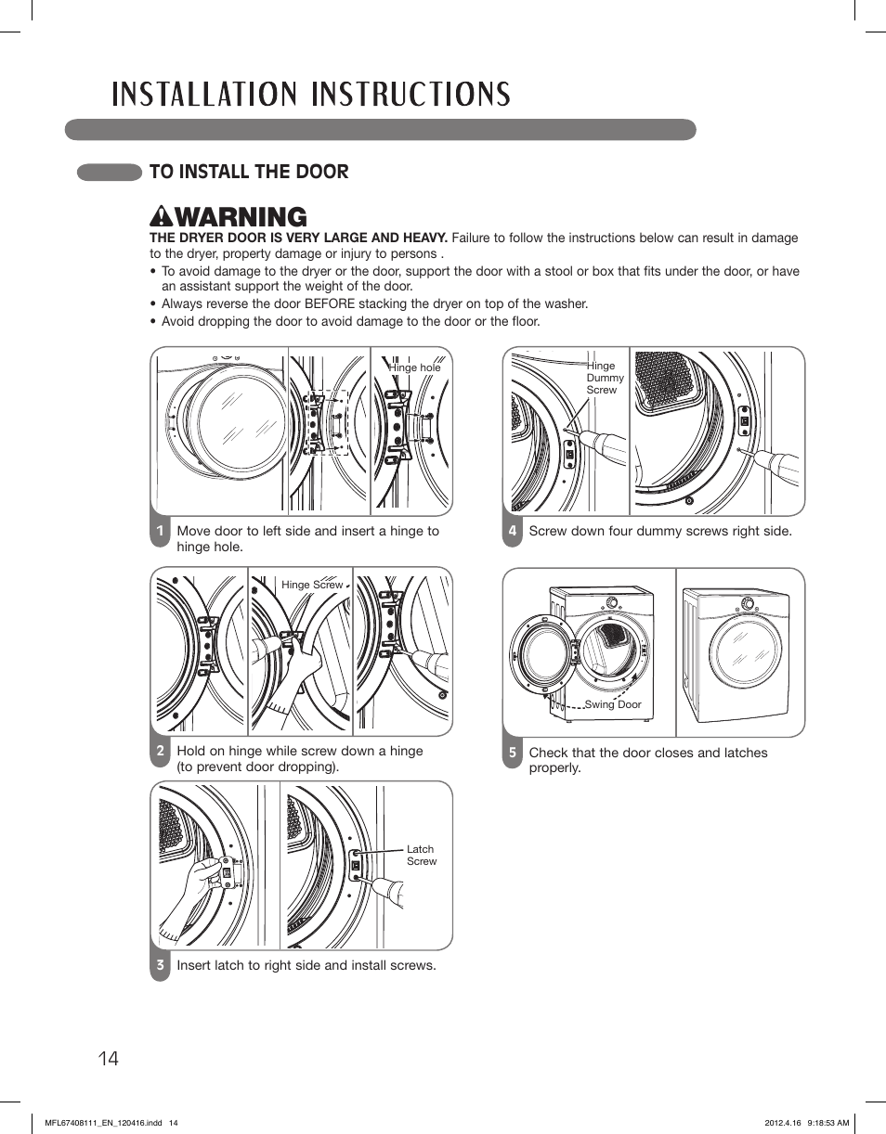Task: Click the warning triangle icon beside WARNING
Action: click(x=161, y=217)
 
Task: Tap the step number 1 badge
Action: click(x=160, y=532)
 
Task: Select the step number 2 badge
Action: click(x=160, y=752)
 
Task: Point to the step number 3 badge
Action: click(x=160, y=965)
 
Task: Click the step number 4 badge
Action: click(x=512, y=532)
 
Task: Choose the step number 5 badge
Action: click(x=512, y=753)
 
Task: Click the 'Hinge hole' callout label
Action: click(x=415, y=367)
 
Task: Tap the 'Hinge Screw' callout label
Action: click(x=312, y=585)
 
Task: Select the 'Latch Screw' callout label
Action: click(x=421, y=855)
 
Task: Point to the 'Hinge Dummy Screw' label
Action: click(x=605, y=378)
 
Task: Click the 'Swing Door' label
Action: click(x=613, y=704)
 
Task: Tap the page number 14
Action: click(x=108, y=1058)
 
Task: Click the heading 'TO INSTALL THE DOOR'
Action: click(x=249, y=172)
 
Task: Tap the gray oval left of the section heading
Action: click(x=109, y=172)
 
